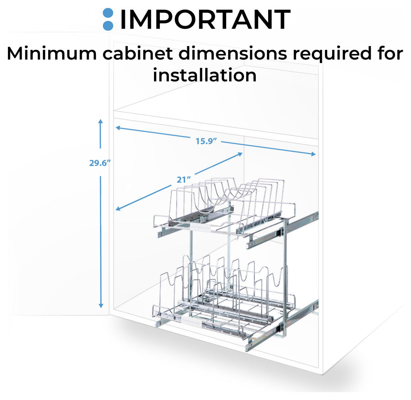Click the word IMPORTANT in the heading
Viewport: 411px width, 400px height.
205,20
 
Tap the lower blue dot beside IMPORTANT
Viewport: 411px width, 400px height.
108,25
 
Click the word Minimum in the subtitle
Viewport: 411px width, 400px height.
51,54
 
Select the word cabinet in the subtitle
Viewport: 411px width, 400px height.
137,54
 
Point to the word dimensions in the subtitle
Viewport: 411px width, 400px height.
233,54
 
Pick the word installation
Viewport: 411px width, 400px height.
205,75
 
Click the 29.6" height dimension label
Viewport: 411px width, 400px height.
100,163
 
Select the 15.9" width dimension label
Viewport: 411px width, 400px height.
206,141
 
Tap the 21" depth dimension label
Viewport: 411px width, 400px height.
183,180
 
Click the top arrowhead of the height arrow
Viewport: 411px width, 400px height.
100,121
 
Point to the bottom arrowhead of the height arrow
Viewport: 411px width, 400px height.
100,305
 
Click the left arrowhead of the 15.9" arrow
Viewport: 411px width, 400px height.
118,127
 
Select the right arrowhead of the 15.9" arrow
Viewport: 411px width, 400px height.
313,154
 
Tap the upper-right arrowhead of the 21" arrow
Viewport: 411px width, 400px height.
240,154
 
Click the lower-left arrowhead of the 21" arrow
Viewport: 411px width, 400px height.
118,209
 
